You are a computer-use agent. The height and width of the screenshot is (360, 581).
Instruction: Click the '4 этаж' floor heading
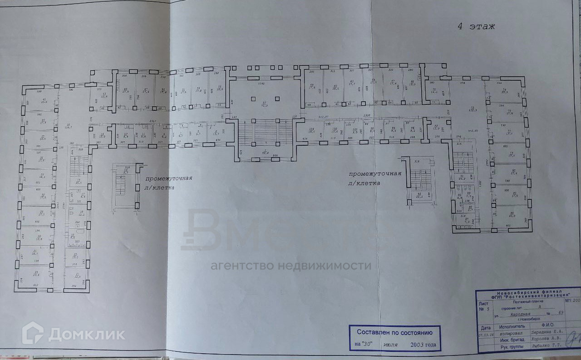[x=475, y=26]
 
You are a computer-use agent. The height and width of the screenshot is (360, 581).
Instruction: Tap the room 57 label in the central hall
[x=264, y=103]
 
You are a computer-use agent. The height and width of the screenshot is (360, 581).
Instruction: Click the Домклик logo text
[x=86, y=335]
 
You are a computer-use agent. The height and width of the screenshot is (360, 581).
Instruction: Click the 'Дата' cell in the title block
[x=485, y=327]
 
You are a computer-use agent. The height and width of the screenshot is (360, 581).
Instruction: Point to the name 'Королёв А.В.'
[x=547, y=338]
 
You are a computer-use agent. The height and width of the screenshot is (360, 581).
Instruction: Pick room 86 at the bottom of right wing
[x=512, y=214]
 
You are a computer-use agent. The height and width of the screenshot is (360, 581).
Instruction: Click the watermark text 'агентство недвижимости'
[x=290, y=266]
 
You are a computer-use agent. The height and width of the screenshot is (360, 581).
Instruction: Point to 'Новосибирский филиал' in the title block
[x=529, y=291]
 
